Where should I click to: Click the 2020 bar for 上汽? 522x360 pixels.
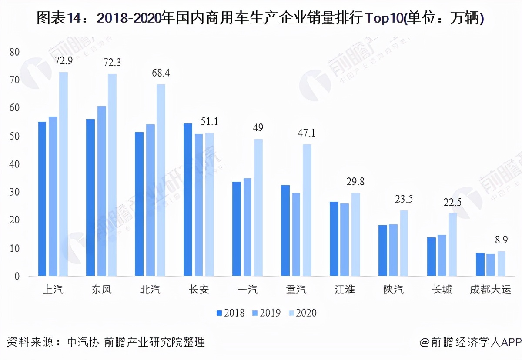pyautogui.click(x=64, y=174)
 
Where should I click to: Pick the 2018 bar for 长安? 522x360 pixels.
pyautogui.click(x=188, y=200)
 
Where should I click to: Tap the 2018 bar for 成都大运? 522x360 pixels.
pyautogui.click(x=480, y=264)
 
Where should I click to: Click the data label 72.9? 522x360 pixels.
pyautogui.click(x=64, y=60)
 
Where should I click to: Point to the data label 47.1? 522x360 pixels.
pyautogui.click(x=307, y=133)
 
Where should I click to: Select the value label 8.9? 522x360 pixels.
pyautogui.click(x=502, y=240)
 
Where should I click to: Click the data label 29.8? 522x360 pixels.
pyautogui.click(x=355, y=182)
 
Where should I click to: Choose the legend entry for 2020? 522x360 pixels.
pyautogui.click(x=301, y=313)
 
